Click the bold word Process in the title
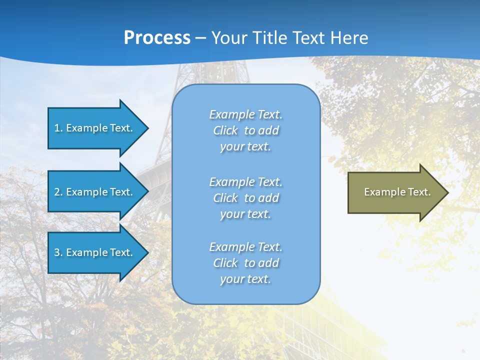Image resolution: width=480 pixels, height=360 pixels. tap(157, 38)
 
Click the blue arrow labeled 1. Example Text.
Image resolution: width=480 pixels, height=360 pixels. tap(95, 128)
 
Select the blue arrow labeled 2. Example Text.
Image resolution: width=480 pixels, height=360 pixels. tap(95, 192)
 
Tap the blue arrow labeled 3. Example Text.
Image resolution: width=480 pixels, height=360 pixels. tap(95, 252)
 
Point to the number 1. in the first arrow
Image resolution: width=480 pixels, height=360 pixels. tap(58, 128)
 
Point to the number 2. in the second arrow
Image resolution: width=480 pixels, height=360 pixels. tap(58, 192)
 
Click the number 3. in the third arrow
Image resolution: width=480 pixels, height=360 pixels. tap(58, 252)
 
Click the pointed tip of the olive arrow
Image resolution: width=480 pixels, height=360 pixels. tap(446, 192)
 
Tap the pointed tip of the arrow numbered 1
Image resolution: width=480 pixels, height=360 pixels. tap(146, 128)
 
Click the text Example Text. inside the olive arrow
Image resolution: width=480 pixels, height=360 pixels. tap(397, 192)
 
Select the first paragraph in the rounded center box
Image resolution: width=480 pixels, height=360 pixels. tap(245, 130)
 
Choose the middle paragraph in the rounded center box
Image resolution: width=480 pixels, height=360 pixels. tap(245, 198)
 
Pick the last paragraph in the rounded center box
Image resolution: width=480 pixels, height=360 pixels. tap(245, 263)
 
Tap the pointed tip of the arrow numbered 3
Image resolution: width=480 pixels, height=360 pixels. tap(146, 252)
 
